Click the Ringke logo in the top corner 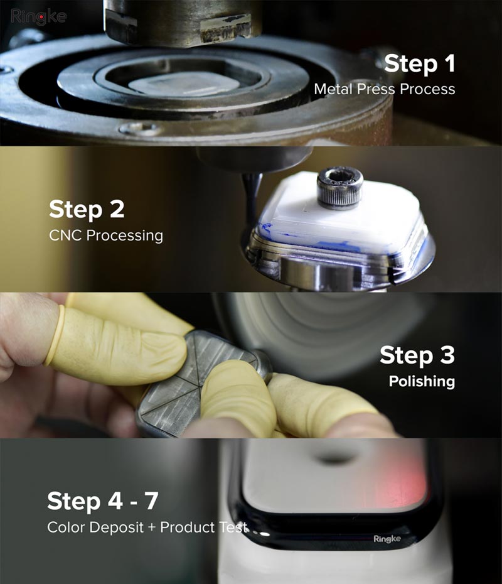click(39, 17)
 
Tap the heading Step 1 click(419, 63)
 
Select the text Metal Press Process click(385, 89)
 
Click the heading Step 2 click(87, 209)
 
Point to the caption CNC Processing click(106, 235)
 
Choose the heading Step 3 click(417, 355)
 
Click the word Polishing click(422, 381)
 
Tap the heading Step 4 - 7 click(103, 501)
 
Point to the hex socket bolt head click(339, 187)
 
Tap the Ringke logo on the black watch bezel click(387, 539)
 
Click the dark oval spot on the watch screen click(333, 457)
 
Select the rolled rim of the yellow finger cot click(55, 335)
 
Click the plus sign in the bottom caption click(152, 527)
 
